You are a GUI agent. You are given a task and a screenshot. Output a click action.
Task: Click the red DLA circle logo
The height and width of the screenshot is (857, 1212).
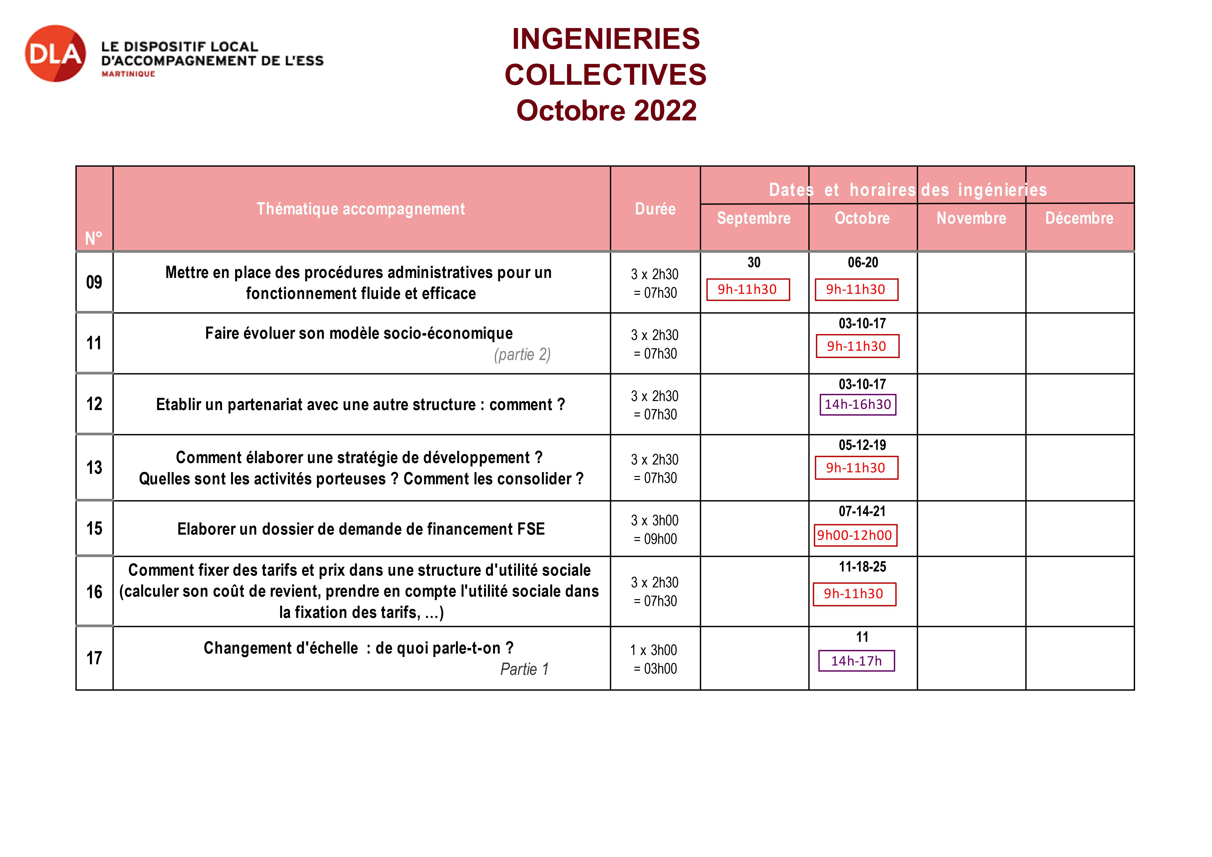[x=55, y=53]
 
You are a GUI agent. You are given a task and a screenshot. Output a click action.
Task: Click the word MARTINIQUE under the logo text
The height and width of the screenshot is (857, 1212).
[x=128, y=74]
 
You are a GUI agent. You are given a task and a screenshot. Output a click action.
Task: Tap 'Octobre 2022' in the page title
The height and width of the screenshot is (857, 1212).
[x=606, y=110]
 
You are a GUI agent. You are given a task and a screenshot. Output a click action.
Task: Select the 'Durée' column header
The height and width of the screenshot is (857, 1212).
[x=655, y=209]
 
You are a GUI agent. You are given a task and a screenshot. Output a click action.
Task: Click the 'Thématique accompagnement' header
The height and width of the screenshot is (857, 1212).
[x=360, y=209]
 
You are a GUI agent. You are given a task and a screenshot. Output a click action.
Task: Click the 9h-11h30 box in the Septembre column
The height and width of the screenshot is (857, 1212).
[x=748, y=289]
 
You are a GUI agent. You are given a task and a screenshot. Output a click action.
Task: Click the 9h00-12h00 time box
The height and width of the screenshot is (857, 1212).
[x=855, y=535]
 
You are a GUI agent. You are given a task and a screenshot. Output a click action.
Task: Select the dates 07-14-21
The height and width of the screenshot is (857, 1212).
[x=862, y=511]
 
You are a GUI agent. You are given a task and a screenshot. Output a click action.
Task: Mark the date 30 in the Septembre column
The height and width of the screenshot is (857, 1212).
[x=754, y=263]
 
